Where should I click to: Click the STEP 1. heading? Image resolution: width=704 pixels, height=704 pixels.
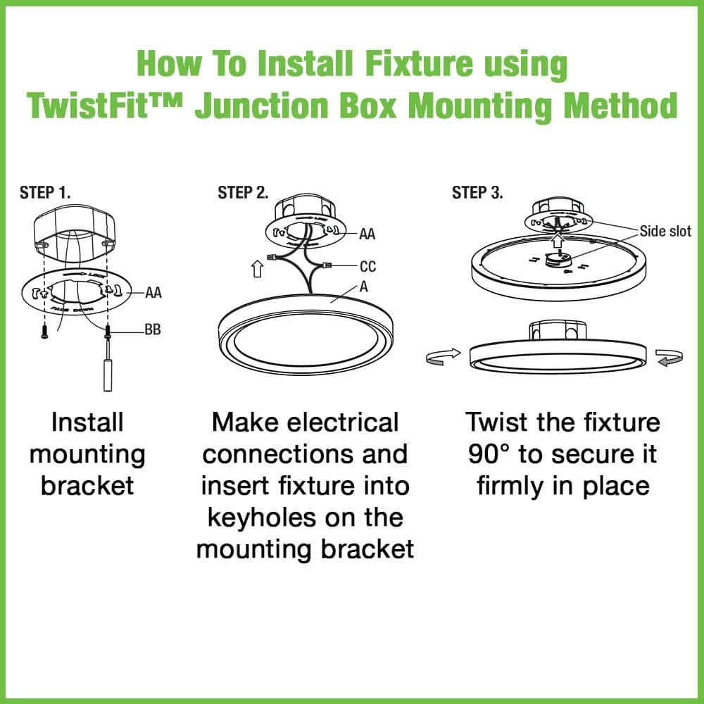tap(45, 193)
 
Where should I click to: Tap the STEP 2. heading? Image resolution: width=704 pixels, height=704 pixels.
tap(243, 193)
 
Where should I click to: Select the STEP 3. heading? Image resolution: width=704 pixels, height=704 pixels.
tap(477, 193)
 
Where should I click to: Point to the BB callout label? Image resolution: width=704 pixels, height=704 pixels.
tap(153, 329)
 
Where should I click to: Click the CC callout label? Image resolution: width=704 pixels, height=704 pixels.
tap(367, 266)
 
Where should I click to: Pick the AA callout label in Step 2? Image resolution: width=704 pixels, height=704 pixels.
tap(367, 233)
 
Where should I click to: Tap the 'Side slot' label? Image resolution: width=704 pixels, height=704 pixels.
tap(665, 232)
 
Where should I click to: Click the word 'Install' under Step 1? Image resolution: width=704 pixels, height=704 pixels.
tap(87, 423)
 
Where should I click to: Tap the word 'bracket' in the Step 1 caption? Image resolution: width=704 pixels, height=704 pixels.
tap(87, 486)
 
